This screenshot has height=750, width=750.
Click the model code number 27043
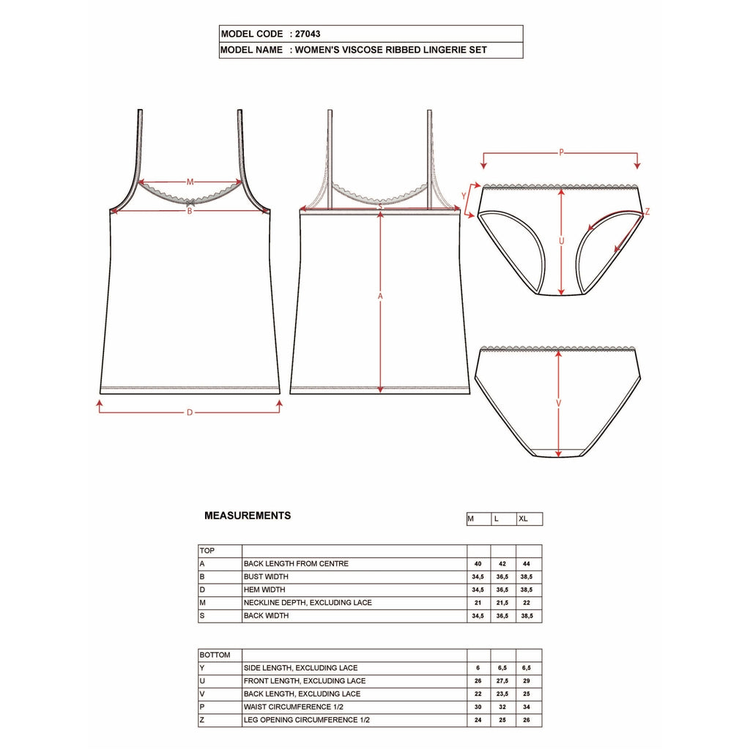point(308,34)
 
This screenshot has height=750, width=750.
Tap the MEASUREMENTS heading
point(248,516)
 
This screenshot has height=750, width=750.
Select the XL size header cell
point(524,519)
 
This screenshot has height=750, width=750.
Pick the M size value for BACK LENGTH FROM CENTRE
point(478,564)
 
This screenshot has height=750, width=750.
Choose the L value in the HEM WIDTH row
point(503,590)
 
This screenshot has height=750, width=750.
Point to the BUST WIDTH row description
point(267,577)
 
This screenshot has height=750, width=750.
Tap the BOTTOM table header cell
point(215,655)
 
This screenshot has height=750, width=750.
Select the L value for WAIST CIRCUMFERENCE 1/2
point(503,708)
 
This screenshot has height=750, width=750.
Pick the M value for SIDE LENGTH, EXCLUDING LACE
point(478,668)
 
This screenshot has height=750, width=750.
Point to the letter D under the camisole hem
point(189,412)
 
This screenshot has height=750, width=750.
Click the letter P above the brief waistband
point(561,153)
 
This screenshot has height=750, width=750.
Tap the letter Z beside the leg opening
point(647,212)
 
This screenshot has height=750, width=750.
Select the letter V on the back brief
point(559,404)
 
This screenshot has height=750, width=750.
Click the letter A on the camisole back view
point(380,297)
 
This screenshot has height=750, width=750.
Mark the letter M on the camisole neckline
point(190,182)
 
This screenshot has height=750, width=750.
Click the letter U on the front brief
point(561,240)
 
